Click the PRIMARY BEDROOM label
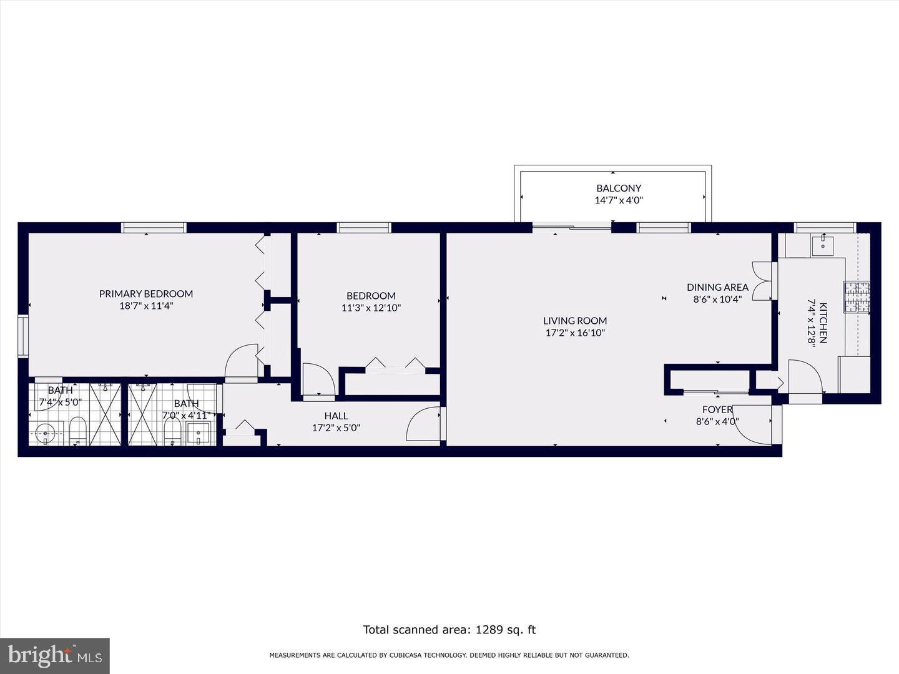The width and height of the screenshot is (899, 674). click(145, 293)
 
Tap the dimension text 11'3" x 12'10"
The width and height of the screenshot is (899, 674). click(371, 308)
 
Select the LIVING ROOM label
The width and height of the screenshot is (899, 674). click(574, 321)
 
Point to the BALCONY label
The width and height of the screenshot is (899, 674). click(618, 188)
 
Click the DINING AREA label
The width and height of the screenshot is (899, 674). click(717, 287)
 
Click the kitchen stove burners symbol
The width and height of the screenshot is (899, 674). click(857, 297)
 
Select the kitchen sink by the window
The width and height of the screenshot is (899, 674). click(823, 245)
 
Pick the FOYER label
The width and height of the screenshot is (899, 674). click(717, 409)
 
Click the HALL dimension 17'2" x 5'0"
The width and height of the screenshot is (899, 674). click(336, 428)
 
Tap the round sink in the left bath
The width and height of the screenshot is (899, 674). click(46, 432)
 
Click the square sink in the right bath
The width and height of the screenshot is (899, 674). click(199, 432)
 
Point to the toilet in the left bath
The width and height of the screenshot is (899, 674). click(77, 431)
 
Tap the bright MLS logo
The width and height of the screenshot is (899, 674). click(54, 655)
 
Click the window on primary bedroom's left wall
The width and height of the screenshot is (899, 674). click(23, 336)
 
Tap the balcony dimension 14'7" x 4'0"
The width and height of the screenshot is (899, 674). click(618, 200)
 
